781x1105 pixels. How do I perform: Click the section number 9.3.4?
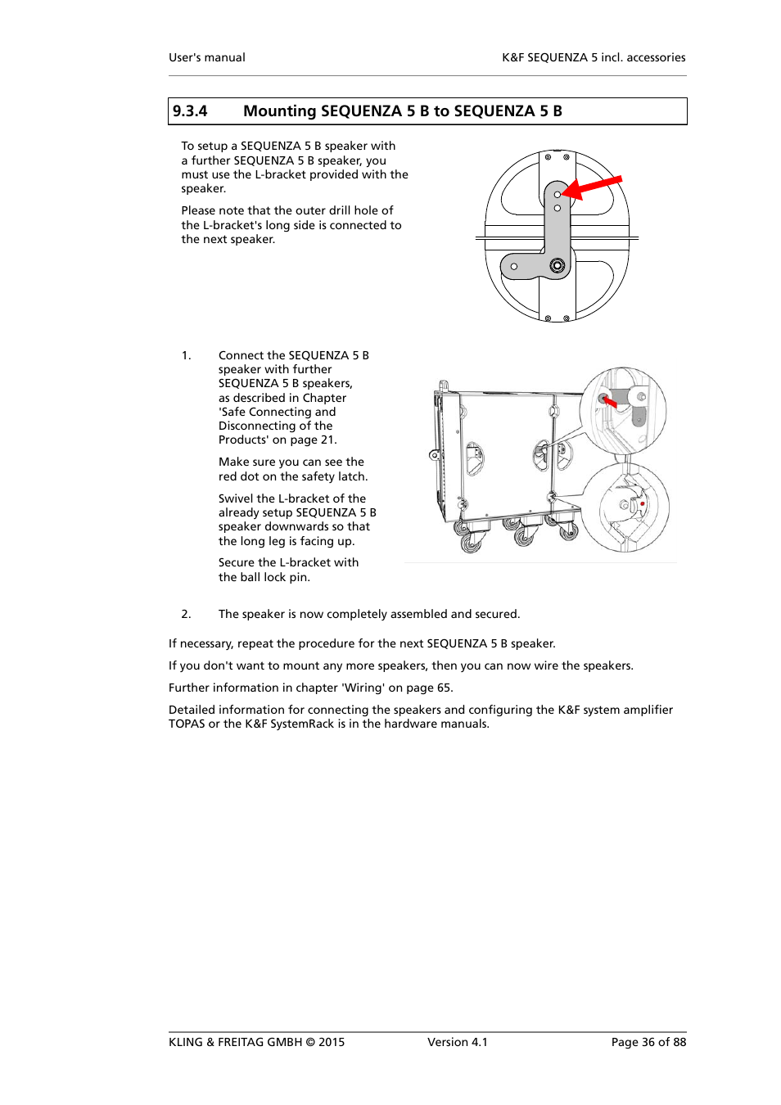(189, 111)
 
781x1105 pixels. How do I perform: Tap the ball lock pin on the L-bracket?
(558, 265)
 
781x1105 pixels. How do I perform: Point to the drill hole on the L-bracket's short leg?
(514, 266)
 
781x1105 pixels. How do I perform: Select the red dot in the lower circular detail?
(643, 503)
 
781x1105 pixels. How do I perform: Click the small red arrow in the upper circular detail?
(609, 402)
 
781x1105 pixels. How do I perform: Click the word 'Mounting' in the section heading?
(279, 111)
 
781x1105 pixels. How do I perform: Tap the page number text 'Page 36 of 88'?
(648, 1042)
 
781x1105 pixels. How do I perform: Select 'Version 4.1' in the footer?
(457, 1042)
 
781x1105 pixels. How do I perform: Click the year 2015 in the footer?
(332, 1042)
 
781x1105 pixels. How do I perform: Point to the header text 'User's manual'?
(206, 57)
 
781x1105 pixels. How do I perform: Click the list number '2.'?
(186, 614)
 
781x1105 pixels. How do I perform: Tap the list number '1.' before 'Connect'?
(186, 355)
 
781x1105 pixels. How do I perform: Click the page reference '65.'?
(445, 688)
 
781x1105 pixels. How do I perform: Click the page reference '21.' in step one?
(328, 440)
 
